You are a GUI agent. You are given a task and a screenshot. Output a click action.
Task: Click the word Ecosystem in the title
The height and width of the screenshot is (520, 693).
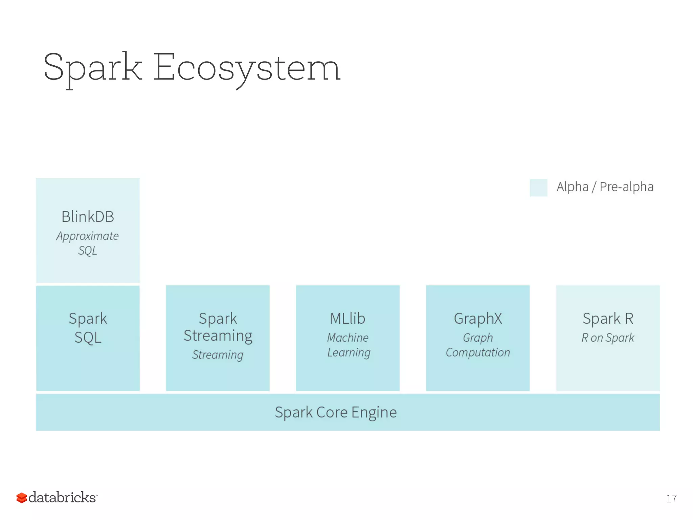tap(247, 68)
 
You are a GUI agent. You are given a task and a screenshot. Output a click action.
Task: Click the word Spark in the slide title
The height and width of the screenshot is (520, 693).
tap(93, 68)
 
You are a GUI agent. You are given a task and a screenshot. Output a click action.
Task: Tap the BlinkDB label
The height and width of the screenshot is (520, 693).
tap(88, 217)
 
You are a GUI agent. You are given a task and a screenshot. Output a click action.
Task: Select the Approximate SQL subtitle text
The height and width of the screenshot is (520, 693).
tap(88, 243)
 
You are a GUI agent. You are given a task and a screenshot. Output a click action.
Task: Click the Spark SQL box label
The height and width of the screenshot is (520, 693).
tap(88, 328)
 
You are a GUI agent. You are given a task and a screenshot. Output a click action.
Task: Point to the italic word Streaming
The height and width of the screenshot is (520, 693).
tap(218, 354)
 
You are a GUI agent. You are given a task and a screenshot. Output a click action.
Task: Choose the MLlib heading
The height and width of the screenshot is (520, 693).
tap(348, 319)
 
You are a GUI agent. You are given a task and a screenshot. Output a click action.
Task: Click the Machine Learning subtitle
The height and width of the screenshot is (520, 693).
tap(348, 345)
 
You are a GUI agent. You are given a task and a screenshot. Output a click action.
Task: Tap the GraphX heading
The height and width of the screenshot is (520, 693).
tap(478, 319)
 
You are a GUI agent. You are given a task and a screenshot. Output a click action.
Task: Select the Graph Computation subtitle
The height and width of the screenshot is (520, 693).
tap(478, 345)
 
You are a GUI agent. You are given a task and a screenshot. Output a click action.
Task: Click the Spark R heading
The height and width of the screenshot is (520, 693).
tap(608, 319)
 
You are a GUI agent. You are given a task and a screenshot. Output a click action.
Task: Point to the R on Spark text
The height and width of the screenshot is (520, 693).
tap(608, 338)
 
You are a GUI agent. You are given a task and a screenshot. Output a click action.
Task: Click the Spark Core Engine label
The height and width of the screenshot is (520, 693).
tap(335, 412)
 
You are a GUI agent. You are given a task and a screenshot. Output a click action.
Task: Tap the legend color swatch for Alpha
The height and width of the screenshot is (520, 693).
tap(538, 187)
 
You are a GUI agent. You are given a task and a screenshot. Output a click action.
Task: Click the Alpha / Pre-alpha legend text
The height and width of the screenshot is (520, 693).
tap(605, 187)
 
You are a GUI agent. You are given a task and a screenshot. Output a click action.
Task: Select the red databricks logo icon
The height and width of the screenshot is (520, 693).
tap(22, 498)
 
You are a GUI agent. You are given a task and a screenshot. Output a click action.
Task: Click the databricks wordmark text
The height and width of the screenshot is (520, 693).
tap(62, 497)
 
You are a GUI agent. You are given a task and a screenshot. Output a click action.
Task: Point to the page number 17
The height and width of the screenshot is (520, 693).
tap(671, 498)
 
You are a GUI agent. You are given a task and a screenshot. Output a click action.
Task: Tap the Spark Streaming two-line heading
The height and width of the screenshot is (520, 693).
tap(218, 327)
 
